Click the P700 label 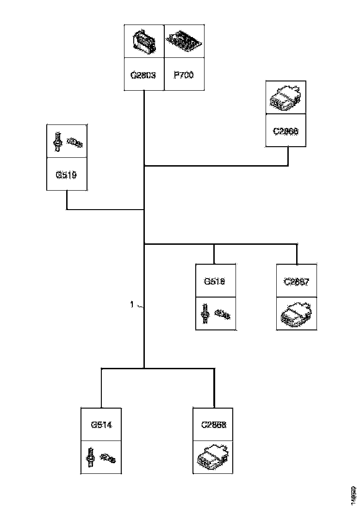(184, 74)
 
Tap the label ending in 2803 (144, 74)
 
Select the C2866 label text (286, 131)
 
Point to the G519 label (67, 175)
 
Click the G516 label (215, 281)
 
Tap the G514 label (101, 424)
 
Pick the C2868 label (213, 424)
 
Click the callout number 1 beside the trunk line (132, 304)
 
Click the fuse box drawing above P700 (185, 41)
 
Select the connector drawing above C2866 (286, 98)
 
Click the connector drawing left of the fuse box (144, 41)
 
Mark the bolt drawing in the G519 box (58, 141)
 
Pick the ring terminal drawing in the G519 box (75, 142)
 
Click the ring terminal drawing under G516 (223, 315)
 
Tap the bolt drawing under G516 (205, 313)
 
